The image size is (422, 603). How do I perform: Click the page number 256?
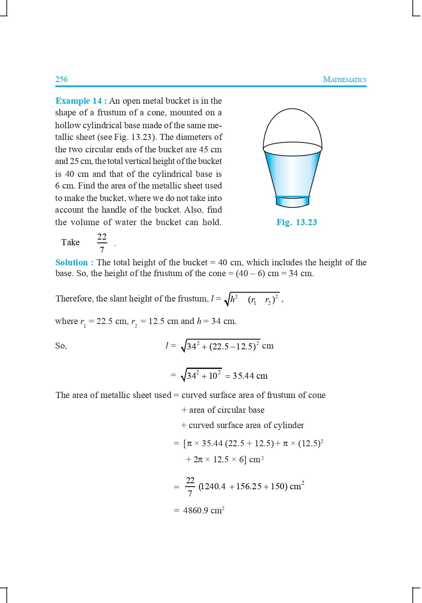(61, 79)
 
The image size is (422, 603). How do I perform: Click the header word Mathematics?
(344, 79)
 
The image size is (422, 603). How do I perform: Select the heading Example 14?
(78, 101)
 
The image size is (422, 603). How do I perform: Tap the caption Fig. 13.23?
(297, 222)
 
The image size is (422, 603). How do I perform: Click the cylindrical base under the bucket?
(293, 202)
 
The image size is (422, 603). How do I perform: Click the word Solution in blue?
(72, 263)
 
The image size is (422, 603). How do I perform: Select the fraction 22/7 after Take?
(102, 243)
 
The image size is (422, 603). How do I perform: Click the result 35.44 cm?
(250, 376)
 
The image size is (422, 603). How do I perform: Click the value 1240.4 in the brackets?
(213, 486)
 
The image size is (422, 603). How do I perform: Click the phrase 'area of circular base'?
(227, 410)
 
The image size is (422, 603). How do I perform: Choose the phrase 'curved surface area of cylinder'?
(246, 425)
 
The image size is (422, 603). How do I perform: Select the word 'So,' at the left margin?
(61, 346)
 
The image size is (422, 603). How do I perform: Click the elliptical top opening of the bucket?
(293, 151)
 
